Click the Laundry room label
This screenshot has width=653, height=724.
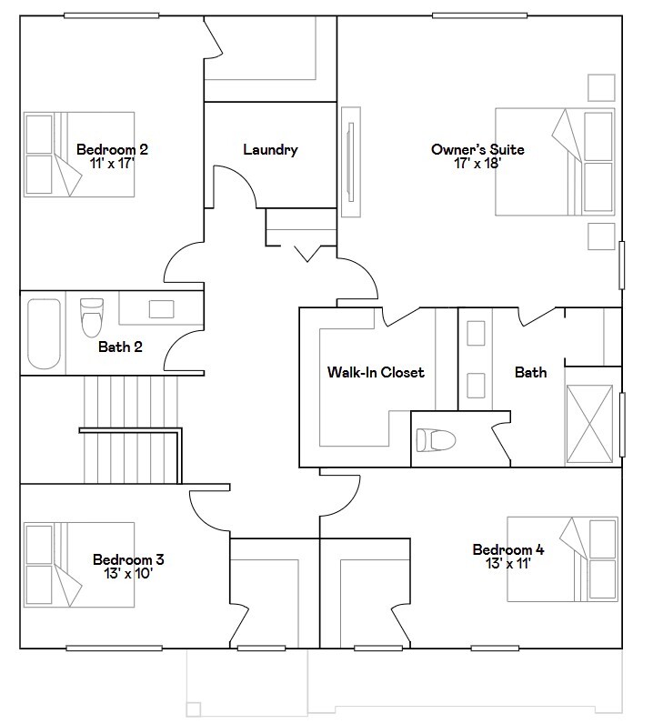[270, 150]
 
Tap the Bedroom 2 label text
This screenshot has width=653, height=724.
[112, 150]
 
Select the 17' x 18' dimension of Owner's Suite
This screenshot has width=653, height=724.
[477, 164]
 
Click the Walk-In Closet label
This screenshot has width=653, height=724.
[376, 372]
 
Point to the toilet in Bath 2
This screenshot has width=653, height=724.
[92, 318]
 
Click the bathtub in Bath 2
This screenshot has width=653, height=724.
[44, 333]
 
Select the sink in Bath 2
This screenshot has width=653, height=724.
[162, 308]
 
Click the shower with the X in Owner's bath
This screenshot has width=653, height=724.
[592, 424]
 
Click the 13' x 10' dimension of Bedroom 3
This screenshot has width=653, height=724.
[128, 574]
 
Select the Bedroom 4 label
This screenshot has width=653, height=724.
[508, 549]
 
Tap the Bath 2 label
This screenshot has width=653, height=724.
[120, 346]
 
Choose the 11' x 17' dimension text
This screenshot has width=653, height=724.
[112, 164]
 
